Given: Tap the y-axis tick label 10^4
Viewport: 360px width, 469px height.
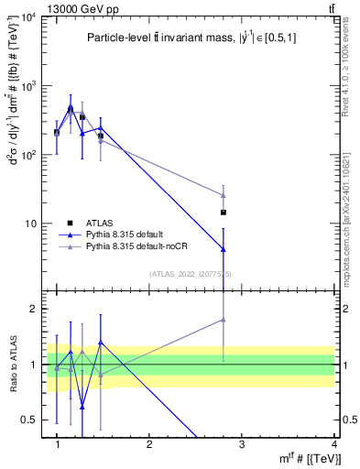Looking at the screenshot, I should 28,18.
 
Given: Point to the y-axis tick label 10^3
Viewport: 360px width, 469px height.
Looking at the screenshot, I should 28,86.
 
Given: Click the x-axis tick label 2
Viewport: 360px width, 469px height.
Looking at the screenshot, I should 149,444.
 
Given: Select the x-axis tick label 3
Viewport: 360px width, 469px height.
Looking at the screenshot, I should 242,444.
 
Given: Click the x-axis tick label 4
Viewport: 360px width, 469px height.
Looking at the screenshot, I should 333,444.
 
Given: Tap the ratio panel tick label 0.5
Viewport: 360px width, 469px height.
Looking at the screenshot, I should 27,420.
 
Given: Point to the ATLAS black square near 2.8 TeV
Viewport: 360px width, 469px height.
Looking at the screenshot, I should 224,213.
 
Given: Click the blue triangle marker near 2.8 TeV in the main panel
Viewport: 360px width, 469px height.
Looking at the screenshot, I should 224,249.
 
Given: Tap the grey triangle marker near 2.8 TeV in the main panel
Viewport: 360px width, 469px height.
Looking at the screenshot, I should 224,195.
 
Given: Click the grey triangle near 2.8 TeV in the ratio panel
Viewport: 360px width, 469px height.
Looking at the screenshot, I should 224,320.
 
